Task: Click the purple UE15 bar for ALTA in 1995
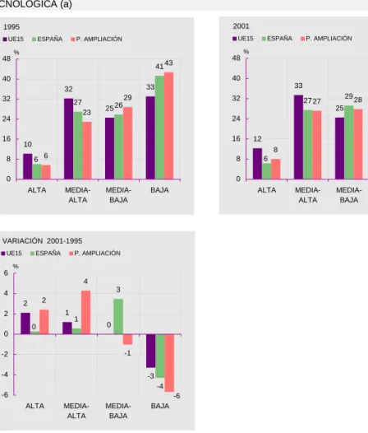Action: point(28,166)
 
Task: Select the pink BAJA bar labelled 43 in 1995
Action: point(168,126)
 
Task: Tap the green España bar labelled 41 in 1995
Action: point(159,128)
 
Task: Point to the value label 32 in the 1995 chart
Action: point(69,89)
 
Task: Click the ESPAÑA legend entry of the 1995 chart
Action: point(48,40)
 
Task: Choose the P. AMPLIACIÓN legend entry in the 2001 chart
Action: point(326,39)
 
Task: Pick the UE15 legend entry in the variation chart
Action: point(11,254)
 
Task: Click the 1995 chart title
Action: point(11,27)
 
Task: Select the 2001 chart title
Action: point(241,26)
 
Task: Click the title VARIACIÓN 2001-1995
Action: point(42,241)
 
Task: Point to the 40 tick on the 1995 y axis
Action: point(7,79)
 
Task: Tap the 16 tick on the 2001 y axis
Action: point(237,138)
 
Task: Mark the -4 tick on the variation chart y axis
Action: point(5,375)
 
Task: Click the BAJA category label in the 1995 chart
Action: point(159,190)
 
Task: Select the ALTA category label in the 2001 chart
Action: point(267,190)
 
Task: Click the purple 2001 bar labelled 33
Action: point(298,137)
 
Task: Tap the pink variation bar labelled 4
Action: point(85,312)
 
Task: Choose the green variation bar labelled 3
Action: point(118,316)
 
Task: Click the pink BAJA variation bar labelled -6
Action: point(169,363)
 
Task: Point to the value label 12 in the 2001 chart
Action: point(257,139)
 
